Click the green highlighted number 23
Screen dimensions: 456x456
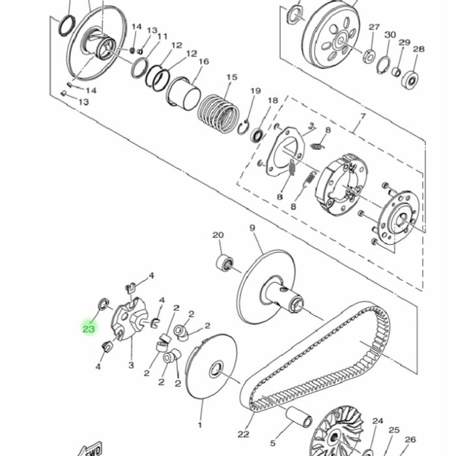(89, 329)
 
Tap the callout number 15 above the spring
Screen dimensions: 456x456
(231, 78)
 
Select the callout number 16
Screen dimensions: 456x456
(203, 62)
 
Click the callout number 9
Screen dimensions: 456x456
(252, 228)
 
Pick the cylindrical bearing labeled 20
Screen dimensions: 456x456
(225, 263)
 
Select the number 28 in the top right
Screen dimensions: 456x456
(419, 49)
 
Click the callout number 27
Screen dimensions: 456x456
(374, 27)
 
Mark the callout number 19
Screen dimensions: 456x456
(255, 91)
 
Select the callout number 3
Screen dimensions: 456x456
(131, 365)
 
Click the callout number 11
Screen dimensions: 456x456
(162, 36)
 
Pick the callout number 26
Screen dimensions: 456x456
(410, 440)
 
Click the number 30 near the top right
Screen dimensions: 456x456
(390, 35)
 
